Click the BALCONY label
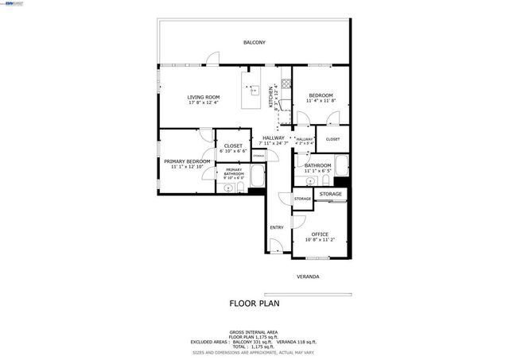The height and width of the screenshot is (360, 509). coord(254,42)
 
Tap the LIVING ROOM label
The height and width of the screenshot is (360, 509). coord(204,97)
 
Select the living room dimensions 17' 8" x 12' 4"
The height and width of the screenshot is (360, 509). coord(204,103)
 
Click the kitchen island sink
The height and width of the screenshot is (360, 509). coord(254,90)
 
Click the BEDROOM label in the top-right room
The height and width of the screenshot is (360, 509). coord(321,95)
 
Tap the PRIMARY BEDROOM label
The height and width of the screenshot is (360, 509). coord(187,161)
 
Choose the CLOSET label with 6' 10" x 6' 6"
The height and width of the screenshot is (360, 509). coord(233,145)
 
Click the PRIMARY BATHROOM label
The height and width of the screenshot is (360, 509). coord(233,171)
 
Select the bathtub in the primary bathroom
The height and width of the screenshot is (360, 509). coord(258,176)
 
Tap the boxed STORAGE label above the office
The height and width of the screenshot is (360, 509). coord(331,194)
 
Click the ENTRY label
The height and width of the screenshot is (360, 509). coord(276,228)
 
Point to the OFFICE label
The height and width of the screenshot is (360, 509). coord(320,234)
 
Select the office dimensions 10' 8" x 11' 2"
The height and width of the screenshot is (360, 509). coord(320,240)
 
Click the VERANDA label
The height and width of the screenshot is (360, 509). coord(308,277)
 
